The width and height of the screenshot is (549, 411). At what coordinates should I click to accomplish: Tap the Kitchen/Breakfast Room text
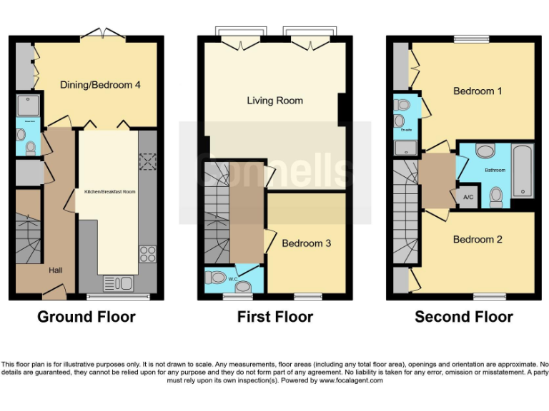point(110,192)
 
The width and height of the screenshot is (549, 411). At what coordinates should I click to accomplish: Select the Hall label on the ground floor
point(55,270)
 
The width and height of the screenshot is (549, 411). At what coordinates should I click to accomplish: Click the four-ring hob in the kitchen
point(147,254)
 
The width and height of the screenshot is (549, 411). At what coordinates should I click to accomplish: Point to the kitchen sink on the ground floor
point(118,283)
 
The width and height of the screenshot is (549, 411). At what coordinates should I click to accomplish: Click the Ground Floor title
point(86,317)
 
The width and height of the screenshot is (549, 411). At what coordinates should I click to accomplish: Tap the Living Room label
point(274,101)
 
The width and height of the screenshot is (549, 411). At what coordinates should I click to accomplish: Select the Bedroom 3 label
point(306,243)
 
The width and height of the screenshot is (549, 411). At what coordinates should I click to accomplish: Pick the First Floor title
point(275,317)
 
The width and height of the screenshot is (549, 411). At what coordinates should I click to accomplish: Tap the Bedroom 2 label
point(478,240)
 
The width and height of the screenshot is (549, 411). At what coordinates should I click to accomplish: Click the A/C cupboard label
point(468,198)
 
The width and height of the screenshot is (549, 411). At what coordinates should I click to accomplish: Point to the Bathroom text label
point(495,171)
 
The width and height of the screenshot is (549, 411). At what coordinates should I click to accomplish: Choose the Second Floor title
point(463,317)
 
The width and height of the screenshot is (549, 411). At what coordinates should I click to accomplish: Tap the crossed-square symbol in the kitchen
point(147,162)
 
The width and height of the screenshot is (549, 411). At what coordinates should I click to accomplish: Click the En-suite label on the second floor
point(406,131)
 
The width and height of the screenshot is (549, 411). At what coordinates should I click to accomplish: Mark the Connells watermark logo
point(274,168)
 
